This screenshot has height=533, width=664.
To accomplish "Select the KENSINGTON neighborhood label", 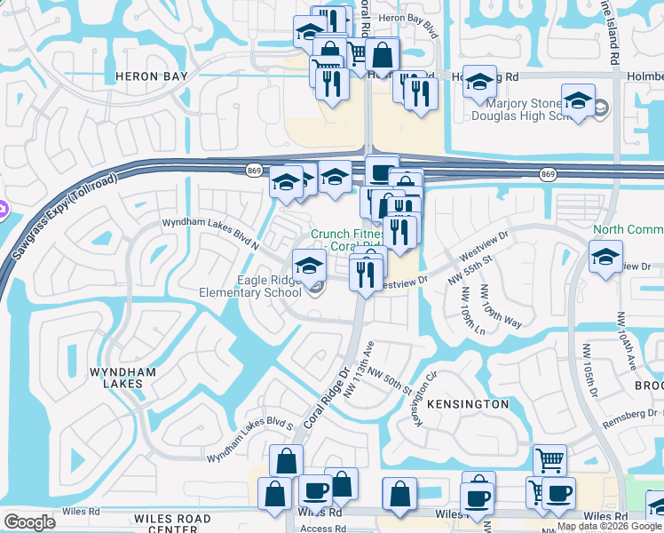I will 468,404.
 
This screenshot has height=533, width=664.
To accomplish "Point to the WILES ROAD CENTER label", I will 172,524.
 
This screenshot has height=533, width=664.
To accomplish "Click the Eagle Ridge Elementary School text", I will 257,286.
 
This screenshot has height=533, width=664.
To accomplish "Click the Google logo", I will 29,522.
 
